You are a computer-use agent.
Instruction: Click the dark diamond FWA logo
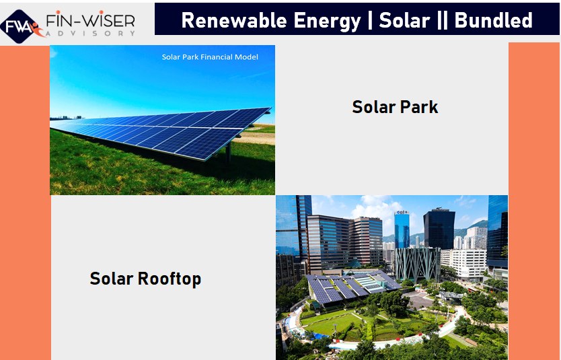point(19,26)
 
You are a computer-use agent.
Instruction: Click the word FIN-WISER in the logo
point(91,21)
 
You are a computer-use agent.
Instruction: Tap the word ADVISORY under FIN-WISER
point(91,33)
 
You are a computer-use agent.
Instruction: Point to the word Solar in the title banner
point(404,20)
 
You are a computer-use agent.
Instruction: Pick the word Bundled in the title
point(493,20)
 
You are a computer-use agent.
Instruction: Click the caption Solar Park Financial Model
point(210,57)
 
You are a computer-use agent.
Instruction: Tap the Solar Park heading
point(395,107)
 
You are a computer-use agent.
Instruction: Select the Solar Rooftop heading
point(145,279)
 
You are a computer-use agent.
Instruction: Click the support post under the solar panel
point(228,154)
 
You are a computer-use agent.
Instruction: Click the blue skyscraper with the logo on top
point(402,229)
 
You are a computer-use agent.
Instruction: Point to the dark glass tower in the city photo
point(439,229)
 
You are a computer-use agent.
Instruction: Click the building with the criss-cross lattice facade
point(417,264)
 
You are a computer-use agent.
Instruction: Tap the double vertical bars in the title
point(442,20)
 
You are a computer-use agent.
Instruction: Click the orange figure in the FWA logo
point(36,30)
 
